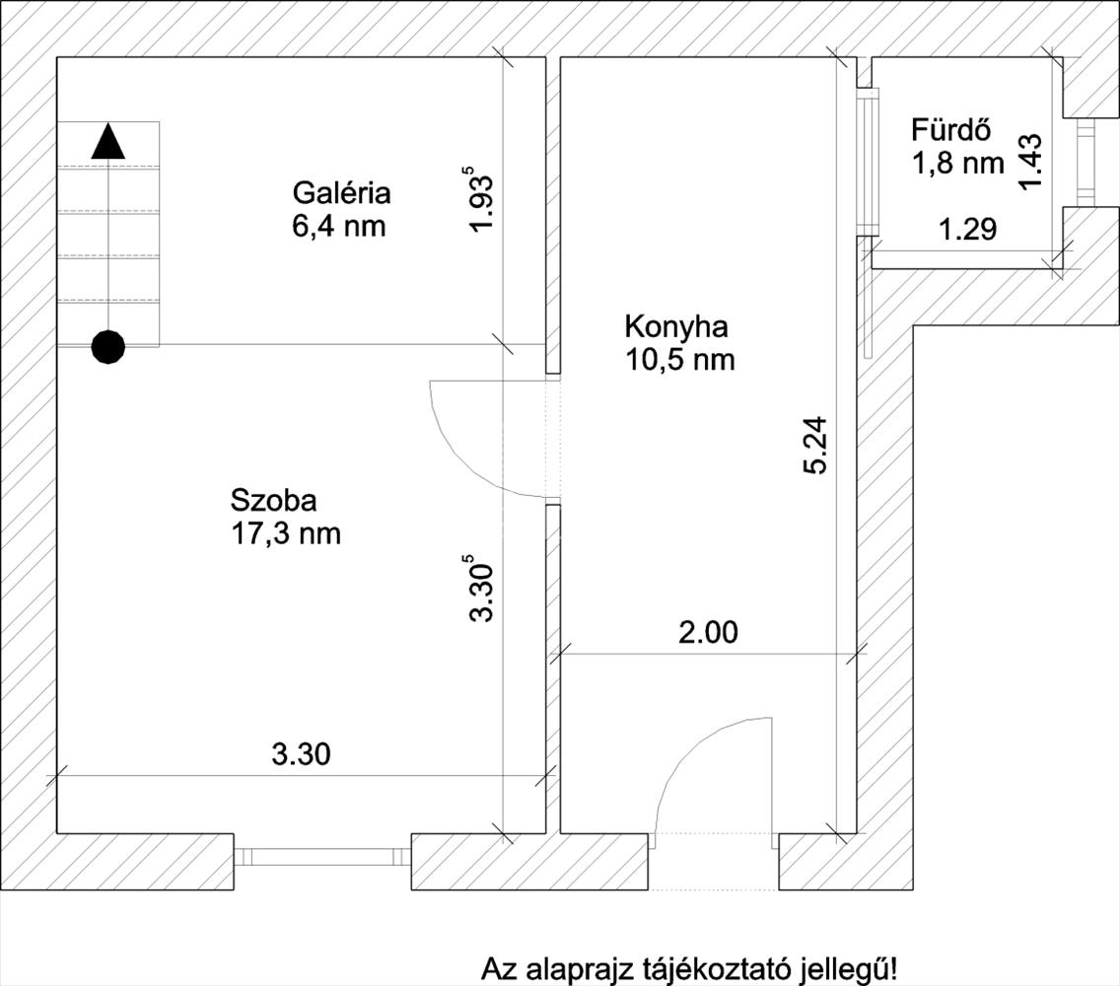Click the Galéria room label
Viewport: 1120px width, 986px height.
(341, 193)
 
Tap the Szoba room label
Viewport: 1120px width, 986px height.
(273, 500)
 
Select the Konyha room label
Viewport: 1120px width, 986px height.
(676, 327)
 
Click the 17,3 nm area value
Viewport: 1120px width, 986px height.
(286, 533)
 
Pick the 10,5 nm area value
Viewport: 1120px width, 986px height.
(680, 359)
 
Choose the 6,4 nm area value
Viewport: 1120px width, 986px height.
(338, 226)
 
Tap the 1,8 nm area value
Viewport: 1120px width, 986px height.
(958, 164)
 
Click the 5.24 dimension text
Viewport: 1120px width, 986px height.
(814, 445)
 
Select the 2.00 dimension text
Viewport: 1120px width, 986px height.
(708, 632)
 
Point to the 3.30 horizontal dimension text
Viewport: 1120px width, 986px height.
(302, 753)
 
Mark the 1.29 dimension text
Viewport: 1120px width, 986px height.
(968, 230)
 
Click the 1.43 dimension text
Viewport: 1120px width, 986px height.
(1030, 162)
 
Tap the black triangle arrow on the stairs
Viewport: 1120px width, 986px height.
(108, 141)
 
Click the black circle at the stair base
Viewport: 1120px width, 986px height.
(108, 348)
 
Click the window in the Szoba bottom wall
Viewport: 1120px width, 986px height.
(322, 857)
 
